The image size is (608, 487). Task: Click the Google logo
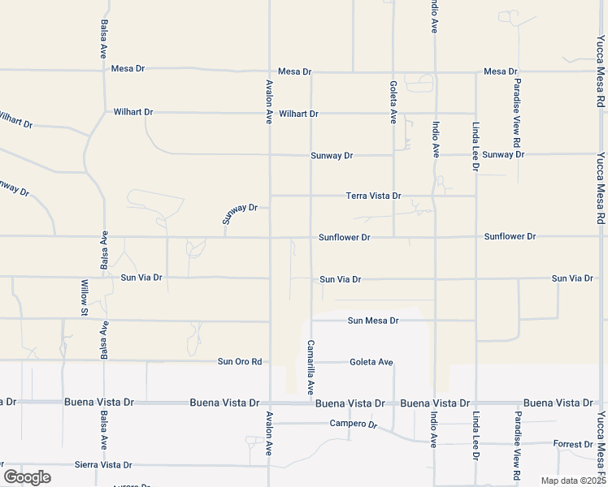click(27, 477)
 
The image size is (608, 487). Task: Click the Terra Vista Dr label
click(374, 196)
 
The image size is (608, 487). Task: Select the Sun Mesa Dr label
click(373, 321)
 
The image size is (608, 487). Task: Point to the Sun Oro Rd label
click(241, 361)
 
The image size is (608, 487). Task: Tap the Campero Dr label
click(354, 424)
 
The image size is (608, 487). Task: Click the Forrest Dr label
click(573, 444)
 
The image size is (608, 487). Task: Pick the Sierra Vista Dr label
click(103, 465)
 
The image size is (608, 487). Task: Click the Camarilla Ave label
click(311, 368)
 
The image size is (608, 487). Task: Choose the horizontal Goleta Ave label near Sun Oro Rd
click(371, 361)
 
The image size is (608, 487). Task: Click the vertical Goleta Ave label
click(393, 101)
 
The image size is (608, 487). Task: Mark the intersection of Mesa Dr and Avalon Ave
click(270, 71)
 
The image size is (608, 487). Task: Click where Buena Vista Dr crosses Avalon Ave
click(270, 403)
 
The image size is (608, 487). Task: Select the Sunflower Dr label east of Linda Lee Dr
click(510, 236)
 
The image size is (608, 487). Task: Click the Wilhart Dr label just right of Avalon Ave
click(298, 114)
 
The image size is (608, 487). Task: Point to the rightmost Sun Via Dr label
click(572, 278)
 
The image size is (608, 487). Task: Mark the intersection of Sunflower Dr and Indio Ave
click(435, 237)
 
